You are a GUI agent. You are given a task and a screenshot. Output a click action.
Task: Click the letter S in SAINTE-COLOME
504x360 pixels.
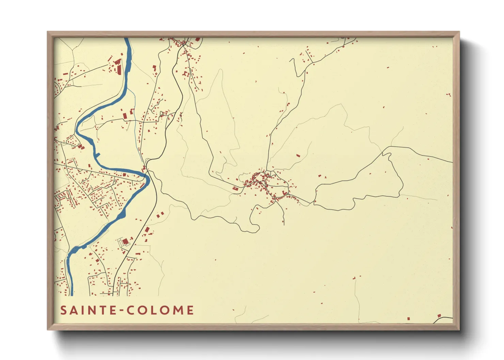pos(63,310)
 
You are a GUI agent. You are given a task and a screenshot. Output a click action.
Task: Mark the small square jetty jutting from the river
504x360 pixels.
pos(98,156)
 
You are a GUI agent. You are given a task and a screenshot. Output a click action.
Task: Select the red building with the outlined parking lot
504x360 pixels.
pos(125,241)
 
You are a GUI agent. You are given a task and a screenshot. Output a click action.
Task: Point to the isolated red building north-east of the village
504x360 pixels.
pos(298,156)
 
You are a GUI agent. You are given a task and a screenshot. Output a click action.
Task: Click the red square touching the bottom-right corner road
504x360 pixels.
pos(439,316)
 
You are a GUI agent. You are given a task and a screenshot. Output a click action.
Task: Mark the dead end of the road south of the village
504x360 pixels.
pos(284,225)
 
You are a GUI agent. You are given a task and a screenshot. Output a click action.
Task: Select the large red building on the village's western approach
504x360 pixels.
pos(235,188)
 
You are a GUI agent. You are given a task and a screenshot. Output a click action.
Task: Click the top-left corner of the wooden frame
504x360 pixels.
pos(48,32)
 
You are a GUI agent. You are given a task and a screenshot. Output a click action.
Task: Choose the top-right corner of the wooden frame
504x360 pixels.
pos(459,32)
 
